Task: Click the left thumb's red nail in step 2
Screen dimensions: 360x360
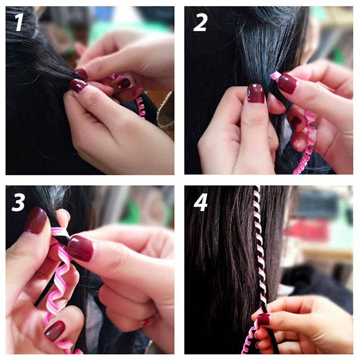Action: (x=256, y=93)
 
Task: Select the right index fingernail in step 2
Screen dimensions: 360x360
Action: (x=287, y=83)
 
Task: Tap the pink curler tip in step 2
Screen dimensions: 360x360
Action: (x=275, y=75)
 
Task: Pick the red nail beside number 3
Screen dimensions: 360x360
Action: (x=35, y=220)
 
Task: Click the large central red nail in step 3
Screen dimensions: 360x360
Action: (x=81, y=248)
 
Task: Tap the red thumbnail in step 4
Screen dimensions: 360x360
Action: (x=264, y=319)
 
